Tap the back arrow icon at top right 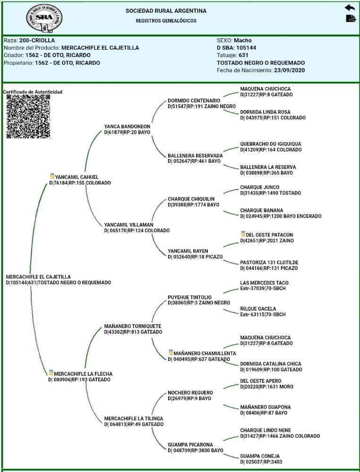tap(350, 8)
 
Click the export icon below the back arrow tap(351, 18)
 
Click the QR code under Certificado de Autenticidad tap(28, 116)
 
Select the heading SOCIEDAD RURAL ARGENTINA tap(166, 11)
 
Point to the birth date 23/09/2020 tap(289, 70)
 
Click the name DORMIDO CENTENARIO tap(194, 101)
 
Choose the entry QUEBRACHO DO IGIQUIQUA tap(270, 144)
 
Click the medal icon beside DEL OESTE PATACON tap(243, 234)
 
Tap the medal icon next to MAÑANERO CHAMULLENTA tap(171, 353)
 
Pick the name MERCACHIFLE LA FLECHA tap(83, 374)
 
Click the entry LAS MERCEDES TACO tap(267, 283)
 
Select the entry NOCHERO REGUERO tap(190, 393)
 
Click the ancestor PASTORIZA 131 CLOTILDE tap(269, 262)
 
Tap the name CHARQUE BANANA tap(261, 211)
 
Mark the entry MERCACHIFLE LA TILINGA tap(133, 419)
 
